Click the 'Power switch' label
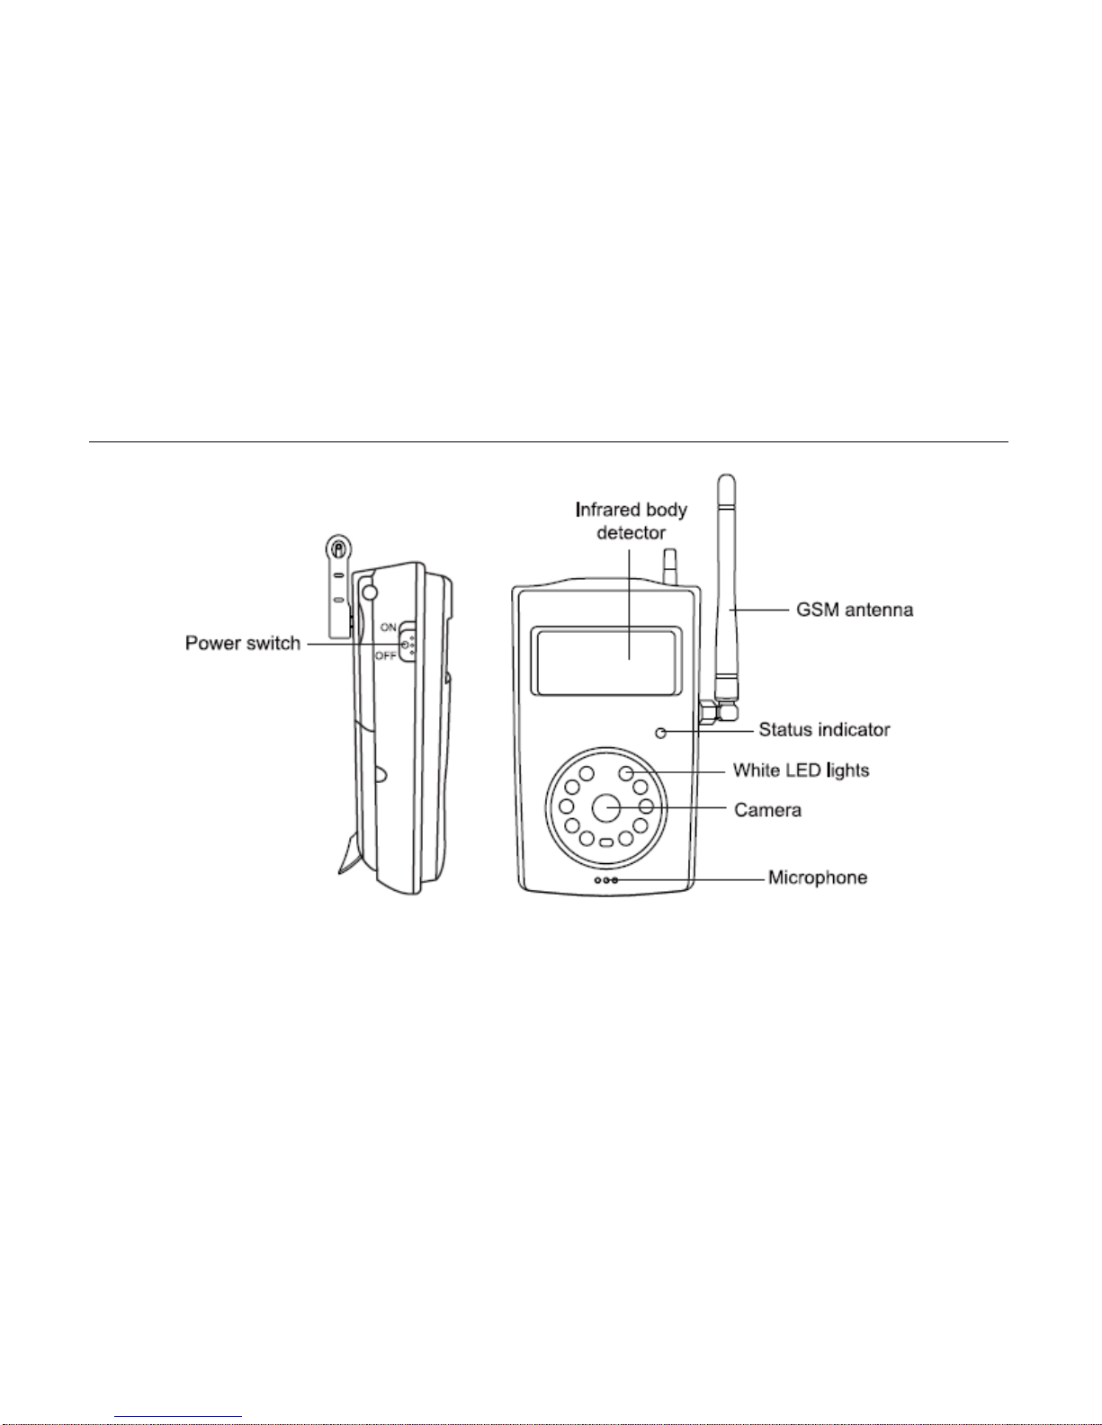[243, 644]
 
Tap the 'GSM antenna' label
[854, 610]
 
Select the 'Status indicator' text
[824, 730]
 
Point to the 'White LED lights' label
[801, 770]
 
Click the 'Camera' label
[767, 811]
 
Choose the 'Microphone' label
[818, 877]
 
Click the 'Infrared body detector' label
[631, 521]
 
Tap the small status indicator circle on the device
[661, 733]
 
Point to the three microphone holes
[606, 880]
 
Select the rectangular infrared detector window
[605, 661]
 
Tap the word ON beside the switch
[389, 628]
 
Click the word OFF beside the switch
[386, 655]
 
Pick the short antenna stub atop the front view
[669, 566]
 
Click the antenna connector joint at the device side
[718, 711]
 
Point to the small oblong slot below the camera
[606, 842]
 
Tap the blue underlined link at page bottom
[178, 1417]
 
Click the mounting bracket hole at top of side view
[338, 548]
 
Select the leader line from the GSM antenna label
[759, 610]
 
